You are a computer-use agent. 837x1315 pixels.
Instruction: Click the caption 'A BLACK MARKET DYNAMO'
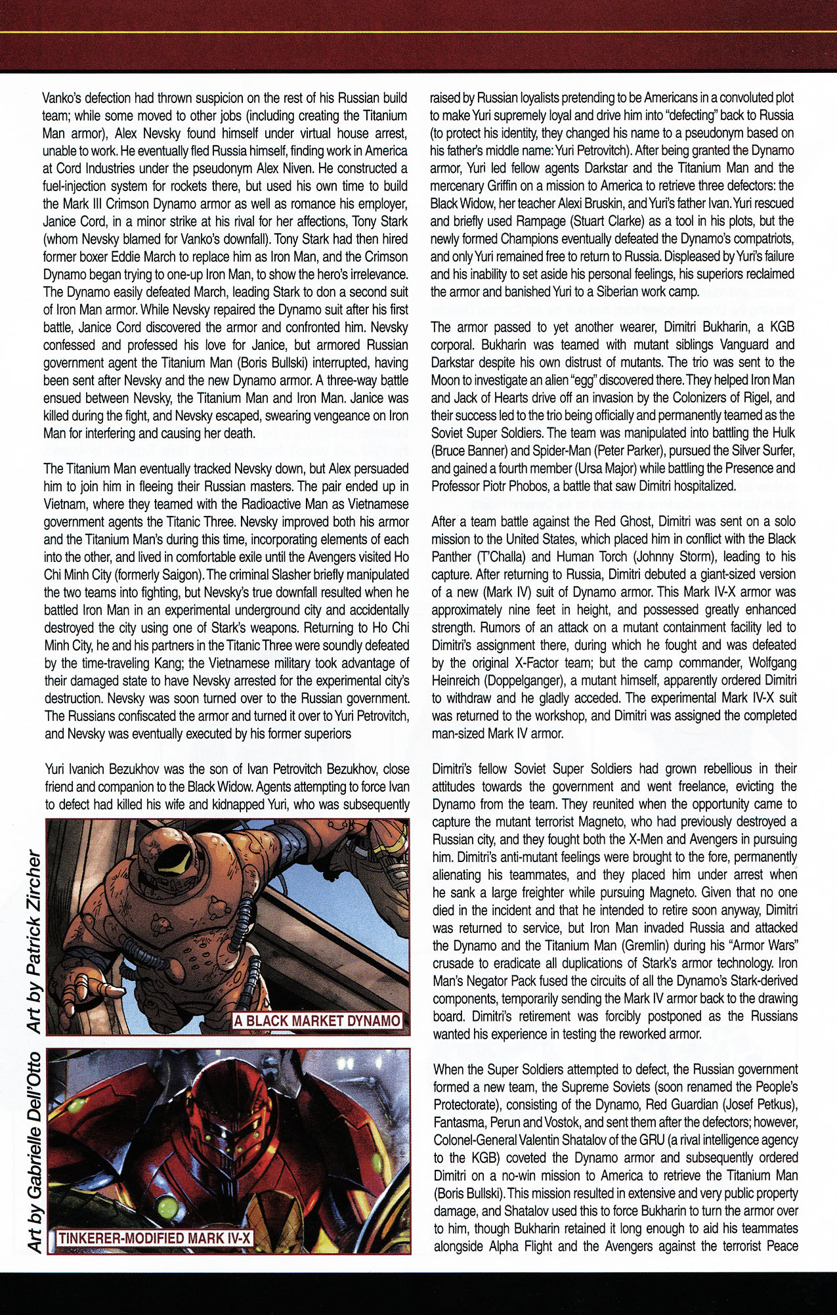click(317, 1021)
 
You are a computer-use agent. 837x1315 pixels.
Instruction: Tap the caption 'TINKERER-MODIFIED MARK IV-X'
click(155, 1239)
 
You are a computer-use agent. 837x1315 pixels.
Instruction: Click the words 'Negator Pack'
click(495, 981)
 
